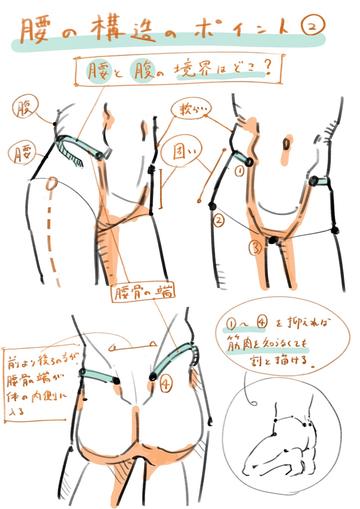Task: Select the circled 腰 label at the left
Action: (x=21, y=152)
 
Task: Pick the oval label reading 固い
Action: (x=182, y=152)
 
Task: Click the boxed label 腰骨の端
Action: (x=143, y=293)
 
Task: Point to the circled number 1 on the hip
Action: (x=238, y=171)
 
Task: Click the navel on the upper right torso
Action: (x=286, y=145)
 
